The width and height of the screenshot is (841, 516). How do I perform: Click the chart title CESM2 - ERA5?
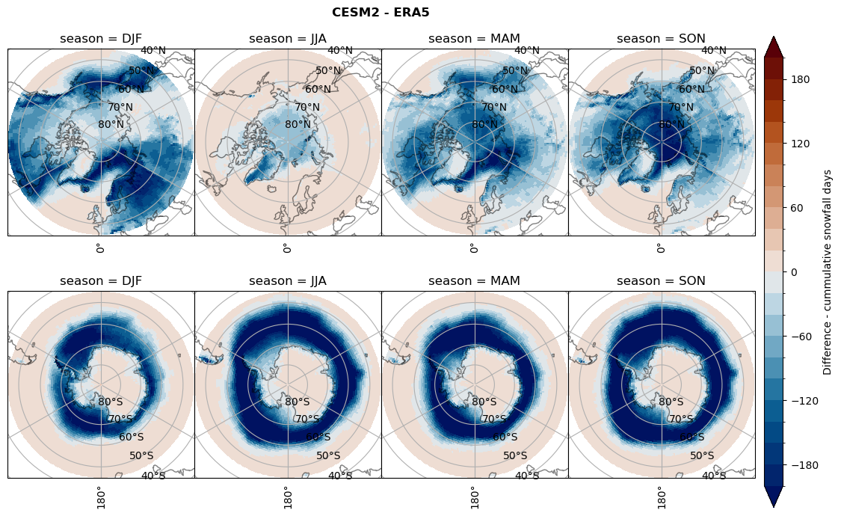pyautogui.click(x=381, y=12)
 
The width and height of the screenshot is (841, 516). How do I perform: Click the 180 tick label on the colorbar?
pyautogui.click(x=801, y=79)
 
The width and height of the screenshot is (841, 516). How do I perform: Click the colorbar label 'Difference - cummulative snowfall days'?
pyautogui.click(x=827, y=272)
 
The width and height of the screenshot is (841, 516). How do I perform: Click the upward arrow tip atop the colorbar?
pyautogui.click(x=774, y=38)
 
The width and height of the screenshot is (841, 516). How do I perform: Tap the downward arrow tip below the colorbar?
pyautogui.click(x=774, y=506)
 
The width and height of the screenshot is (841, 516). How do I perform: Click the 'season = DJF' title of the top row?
pyautogui.click(x=101, y=39)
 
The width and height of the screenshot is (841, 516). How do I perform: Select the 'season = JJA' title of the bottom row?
pyautogui.click(x=288, y=281)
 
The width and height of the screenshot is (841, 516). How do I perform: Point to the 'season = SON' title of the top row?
pyautogui.click(x=662, y=39)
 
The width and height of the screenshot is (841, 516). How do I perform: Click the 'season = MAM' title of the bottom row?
pyautogui.click(x=475, y=281)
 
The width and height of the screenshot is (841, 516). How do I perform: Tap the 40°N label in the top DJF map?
pyautogui.click(x=153, y=51)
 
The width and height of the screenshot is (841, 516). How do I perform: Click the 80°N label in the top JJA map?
pyautogui.click(x=298, y=125)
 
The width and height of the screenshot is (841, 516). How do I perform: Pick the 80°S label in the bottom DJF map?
pyautogui.click(x=111, y=402)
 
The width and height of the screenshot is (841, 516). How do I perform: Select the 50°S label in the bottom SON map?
pyautogui.click(x=702, y=455)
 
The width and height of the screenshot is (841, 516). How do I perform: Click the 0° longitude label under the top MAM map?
pyautogui.click(x=473, y=248)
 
